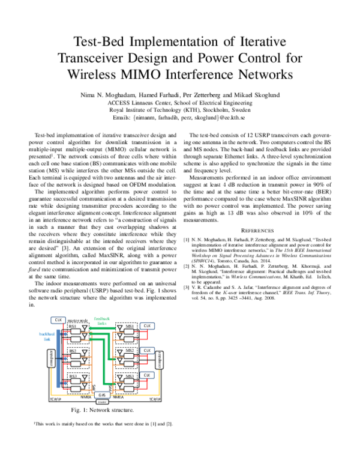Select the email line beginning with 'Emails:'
(x=179, y=118)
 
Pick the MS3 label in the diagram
(x=122, y=376)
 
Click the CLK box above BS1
(x=58, y=320)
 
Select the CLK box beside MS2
(x=146, y=350)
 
